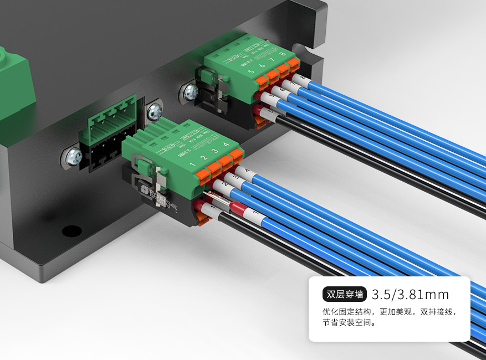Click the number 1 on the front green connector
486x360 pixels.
(x=192, y=165)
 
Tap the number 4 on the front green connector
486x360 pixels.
(x=225, y=145)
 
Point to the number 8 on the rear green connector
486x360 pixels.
(x=283, y=54)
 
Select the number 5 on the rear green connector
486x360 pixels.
(x=251, y=72)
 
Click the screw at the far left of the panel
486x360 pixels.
(x=73, y=158)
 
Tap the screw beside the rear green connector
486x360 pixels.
(x=190, y=91)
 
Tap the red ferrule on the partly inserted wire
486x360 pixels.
(x=238, y=209)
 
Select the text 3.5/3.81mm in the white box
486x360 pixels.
(x=410, y=294)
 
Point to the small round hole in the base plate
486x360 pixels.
(x=71, y=230)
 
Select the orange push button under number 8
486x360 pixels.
(x=293, y=63)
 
